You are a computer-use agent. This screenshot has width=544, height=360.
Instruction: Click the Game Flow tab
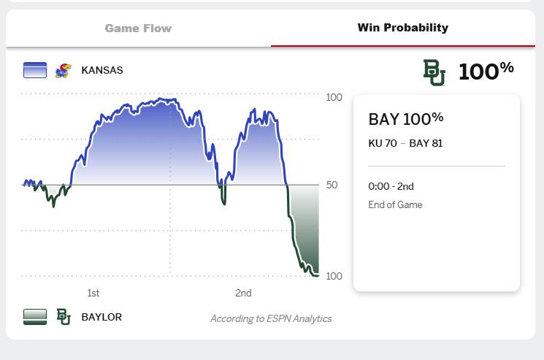[x=138, y=28]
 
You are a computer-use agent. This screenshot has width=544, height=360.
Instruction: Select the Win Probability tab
[x=402, y=28]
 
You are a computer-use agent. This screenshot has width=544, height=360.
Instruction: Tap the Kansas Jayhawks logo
[x=63, y=71]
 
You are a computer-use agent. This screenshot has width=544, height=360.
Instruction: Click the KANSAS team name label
[x=102, y=71]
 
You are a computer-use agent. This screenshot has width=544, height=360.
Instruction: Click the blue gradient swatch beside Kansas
[x=35, y=71]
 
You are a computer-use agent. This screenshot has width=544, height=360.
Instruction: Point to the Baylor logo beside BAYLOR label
[x=64, y=317]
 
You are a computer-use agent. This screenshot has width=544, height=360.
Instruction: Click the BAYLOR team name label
[x=101, y=317]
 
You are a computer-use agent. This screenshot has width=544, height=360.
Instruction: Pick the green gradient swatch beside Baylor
[x=35, y=317]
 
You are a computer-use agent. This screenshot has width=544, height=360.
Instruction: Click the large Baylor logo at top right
[x=434, y=72]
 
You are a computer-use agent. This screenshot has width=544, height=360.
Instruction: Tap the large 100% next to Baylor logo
[x=486, y=71]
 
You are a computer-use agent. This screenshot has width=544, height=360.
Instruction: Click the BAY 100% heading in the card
[x=406, y=119]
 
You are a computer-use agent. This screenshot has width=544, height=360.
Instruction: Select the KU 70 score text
[x=383, y=143]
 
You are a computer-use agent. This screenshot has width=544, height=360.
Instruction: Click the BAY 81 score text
[x=426, y=143]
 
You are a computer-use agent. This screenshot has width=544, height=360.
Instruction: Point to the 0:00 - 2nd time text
[x=391, y=186]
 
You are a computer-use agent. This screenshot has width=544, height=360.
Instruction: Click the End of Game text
[x=395, y=204]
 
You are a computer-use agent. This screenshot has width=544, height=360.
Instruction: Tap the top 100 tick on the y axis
[x=334, y=98]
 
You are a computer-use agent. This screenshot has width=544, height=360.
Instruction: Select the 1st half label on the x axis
[x=93, y=294]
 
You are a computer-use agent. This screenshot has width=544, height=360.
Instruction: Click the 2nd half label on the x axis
[x=243, y=294]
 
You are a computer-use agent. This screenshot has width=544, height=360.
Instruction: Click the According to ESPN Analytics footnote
[x=271, y=318]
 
